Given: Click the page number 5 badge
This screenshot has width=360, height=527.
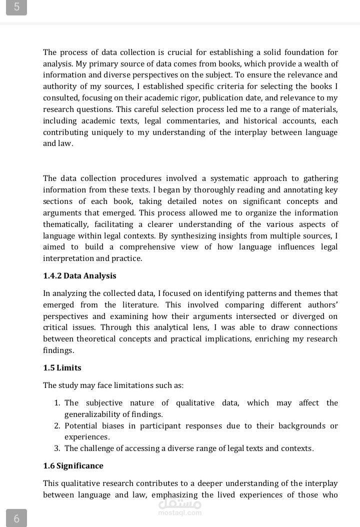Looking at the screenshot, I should [17, 7].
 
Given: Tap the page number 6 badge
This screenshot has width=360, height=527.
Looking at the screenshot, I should [16, 518].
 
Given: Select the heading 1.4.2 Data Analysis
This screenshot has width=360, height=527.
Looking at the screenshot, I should [79, 275].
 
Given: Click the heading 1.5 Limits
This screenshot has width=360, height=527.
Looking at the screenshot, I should [62, 367].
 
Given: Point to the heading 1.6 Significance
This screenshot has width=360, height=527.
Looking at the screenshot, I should [73, 465].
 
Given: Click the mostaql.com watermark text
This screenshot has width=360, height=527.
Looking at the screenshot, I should [179, 512].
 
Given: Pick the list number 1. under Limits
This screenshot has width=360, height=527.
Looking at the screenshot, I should [57, 403].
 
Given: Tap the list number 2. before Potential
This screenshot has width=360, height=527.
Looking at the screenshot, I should [57, 426].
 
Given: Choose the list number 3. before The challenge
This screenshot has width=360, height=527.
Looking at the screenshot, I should [57, 448].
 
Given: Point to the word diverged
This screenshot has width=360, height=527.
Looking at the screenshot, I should [304, 316].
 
